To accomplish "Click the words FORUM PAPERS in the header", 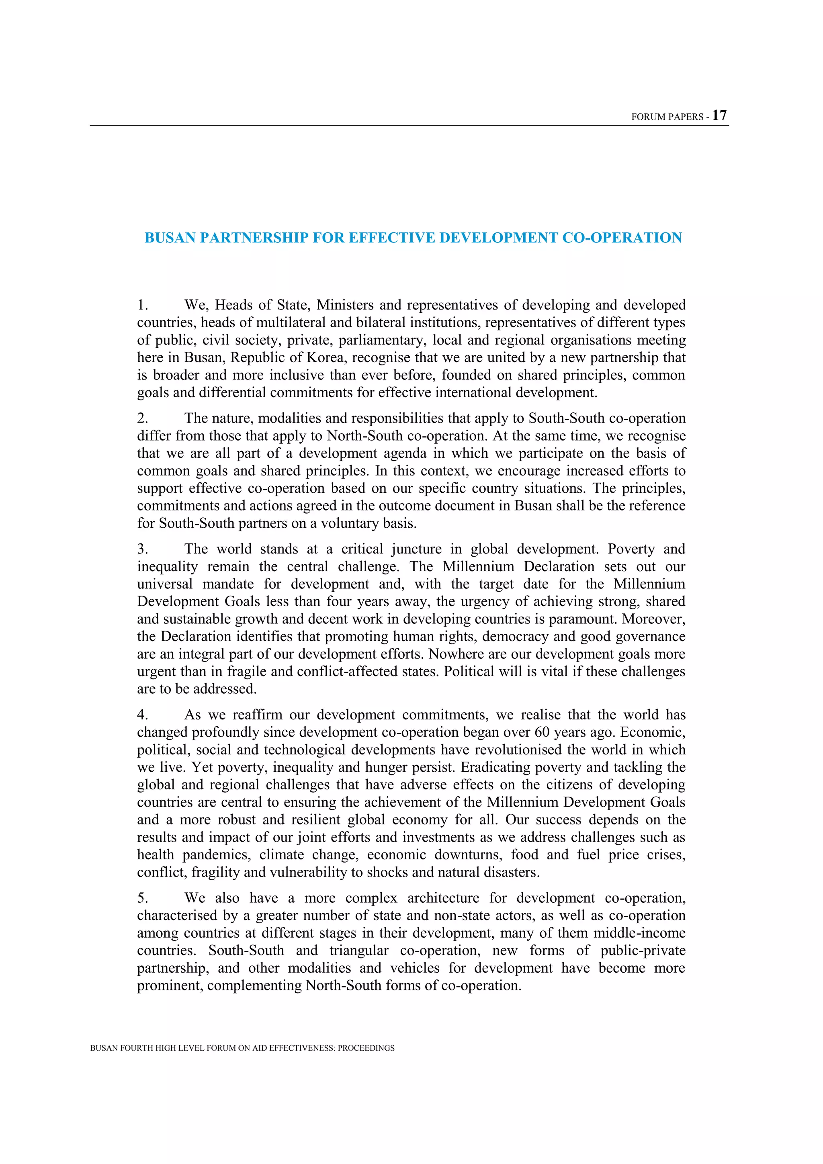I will [x=667, y=117].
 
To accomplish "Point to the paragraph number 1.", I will [x=142, y=305].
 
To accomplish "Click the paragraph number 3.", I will [x=142, y=549].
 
